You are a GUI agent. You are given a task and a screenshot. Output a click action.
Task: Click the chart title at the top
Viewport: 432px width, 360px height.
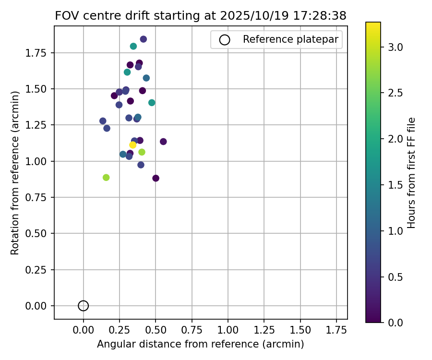point(201,15)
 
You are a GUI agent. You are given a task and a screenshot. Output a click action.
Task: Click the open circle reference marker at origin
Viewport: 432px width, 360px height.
point(84,306)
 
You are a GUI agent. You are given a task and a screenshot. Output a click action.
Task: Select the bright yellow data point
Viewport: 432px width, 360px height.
point(133,145)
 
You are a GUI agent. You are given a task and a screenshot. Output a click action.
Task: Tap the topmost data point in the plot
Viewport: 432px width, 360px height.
point(144,39)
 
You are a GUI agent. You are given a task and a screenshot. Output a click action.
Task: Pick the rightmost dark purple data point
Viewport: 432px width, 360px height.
point(163,142)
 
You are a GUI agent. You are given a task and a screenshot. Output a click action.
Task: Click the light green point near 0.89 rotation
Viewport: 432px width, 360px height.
point(106,178)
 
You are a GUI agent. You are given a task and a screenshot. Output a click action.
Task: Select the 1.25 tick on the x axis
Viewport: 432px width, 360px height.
point(264,319)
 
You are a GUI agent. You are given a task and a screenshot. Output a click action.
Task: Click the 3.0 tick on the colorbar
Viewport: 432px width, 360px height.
point(381,47)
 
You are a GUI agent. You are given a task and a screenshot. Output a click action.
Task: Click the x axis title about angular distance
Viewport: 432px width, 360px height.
point(201,344)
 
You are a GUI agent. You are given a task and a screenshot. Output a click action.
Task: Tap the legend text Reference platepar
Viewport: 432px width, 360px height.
point(290,39)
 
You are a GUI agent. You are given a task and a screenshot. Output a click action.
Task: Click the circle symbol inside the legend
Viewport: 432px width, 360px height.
point(225,40)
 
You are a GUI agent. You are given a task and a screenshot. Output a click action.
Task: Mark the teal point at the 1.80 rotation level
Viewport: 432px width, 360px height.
point(133,47)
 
